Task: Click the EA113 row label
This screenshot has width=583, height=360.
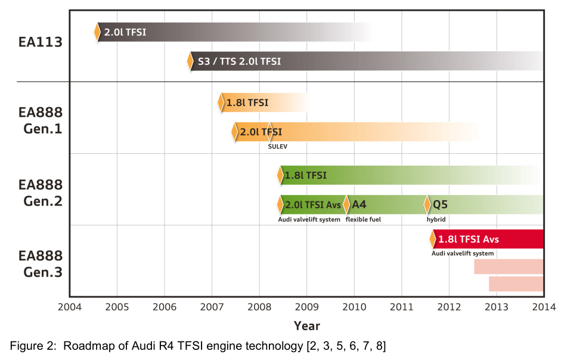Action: (40, 43)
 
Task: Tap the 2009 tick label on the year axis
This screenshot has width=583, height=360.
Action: (306, 307)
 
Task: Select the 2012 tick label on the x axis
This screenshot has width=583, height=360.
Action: (449, 307)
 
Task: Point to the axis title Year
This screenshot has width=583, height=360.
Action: (306, 325)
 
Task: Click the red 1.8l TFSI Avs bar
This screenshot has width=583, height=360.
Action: (489, 240)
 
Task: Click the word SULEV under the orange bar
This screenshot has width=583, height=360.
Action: (278, 145)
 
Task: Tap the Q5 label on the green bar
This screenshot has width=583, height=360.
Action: (440, 204)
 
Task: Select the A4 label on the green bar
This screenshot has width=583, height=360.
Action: (359, 204)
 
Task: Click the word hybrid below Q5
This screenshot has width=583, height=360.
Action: (436, 219)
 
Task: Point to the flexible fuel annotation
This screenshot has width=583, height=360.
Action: (363, 219)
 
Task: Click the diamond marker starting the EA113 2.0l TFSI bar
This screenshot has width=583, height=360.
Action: (98, 32)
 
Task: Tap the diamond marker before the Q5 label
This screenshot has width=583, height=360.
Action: (427, 204)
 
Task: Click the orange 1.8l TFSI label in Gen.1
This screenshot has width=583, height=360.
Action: (247, 103)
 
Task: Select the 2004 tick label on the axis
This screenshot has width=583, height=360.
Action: (70, 307)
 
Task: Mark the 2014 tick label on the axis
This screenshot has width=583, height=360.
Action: (544, 307)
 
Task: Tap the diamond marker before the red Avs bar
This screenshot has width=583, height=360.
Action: (433, 240)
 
